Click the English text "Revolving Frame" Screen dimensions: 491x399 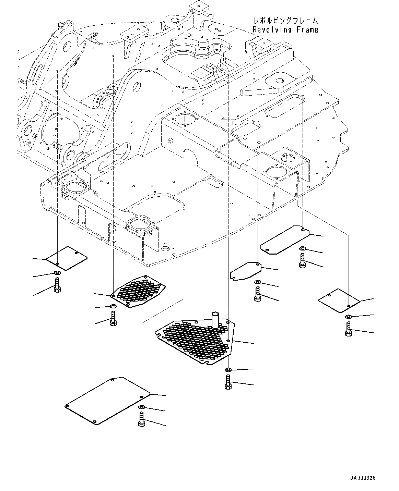coord(285,30)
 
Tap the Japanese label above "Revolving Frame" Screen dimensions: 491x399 coord(285,21)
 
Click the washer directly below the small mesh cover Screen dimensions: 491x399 coord(113,306)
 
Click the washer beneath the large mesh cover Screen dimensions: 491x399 coord(228,370)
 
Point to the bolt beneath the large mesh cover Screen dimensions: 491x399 coord(228,382)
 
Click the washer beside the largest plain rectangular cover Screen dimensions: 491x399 coord(142,407)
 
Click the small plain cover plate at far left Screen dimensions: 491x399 coord(67,256)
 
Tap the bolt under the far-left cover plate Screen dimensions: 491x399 coord(57,285)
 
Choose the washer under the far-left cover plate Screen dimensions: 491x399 coord(57,273)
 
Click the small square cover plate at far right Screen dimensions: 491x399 coord(339,300)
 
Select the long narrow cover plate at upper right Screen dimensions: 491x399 coord(285,240)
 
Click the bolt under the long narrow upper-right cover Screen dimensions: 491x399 coord(302,260)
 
